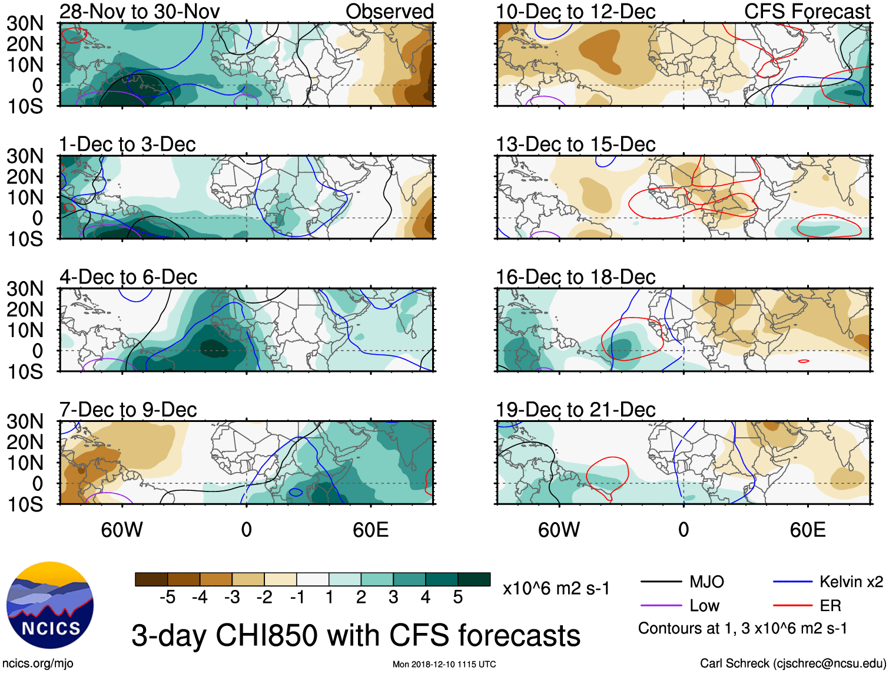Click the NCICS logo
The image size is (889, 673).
[x=50, y=605]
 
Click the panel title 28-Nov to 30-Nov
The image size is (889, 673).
[x=140, y=11]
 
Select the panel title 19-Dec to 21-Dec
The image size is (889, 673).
[x=575, y=410]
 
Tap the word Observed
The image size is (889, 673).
[x=389, y=11]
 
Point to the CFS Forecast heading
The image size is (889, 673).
[x=807, y=11]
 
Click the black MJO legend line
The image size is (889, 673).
[x=661, y=582]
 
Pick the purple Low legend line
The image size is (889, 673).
[x=661, y=605]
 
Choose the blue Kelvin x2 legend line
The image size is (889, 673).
[x=792, y=582]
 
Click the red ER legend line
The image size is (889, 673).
[x=792, y=605]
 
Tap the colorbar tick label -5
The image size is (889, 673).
[x=167, y=598]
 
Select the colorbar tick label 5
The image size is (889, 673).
[x=458, y=598]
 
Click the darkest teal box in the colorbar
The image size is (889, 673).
[x=474, y=579]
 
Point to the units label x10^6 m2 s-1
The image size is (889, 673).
[x=556, y=588]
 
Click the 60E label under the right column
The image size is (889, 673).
[x=807, y=530]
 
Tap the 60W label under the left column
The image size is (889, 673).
[x=122, y=530]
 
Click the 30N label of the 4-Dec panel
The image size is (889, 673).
[x=25, y=289]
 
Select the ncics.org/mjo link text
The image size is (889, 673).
[x=38, y=663]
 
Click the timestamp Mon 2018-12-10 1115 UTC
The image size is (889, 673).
[x=444, y=664]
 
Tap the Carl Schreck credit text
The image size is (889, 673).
[x=792, y=663]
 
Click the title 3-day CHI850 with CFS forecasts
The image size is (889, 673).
[x=356, y=635]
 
